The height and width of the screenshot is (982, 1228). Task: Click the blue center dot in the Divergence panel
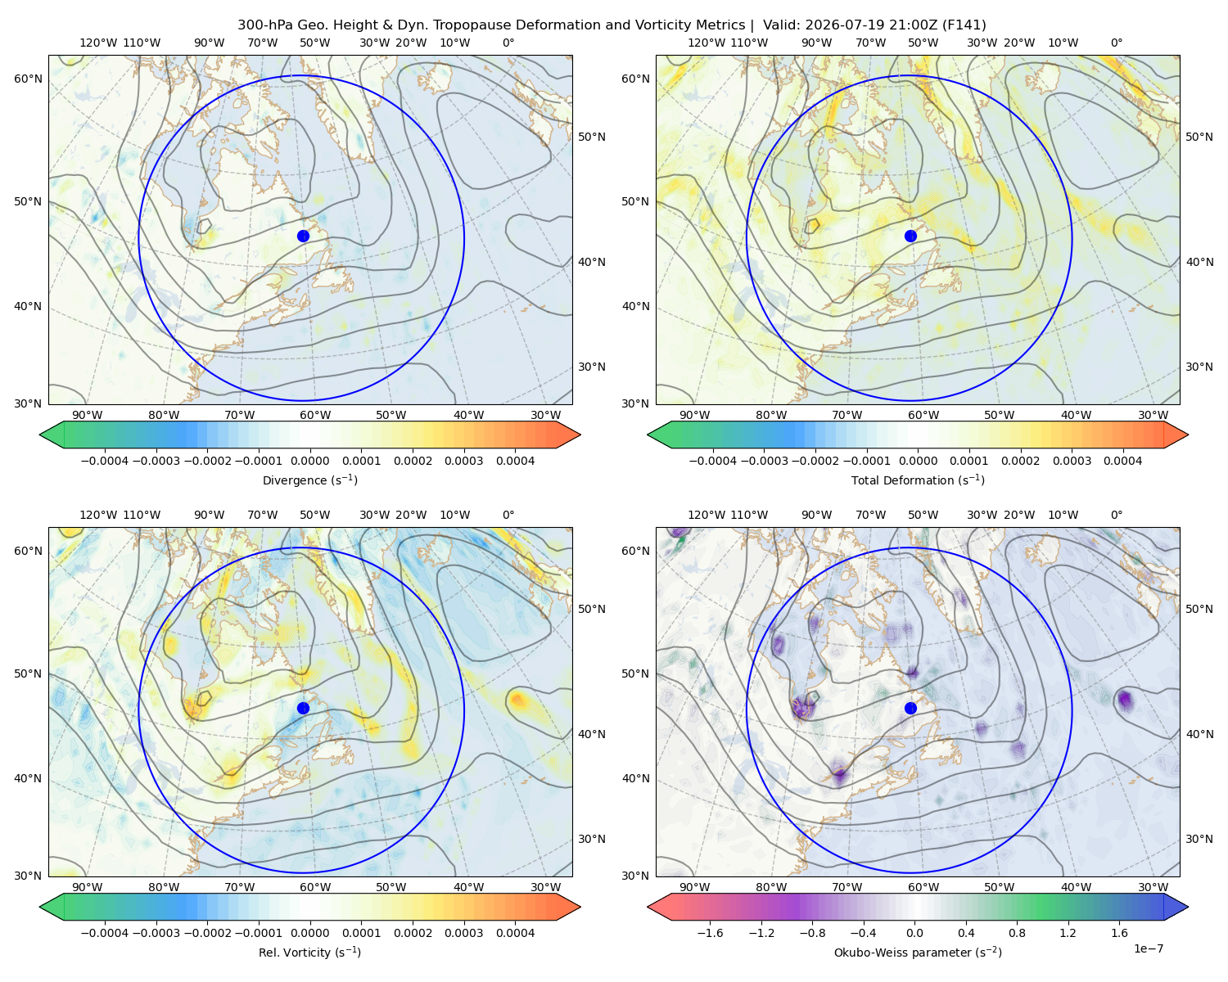click(x=303, y=236)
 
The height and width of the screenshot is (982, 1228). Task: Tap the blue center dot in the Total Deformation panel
click(x=910, y=236)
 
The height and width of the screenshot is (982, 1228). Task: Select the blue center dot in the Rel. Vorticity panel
click(x=303, y=708)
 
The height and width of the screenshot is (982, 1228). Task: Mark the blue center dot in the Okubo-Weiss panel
click(x=910, y=708)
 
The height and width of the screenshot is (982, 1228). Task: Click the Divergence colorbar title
click(x=309, y=480)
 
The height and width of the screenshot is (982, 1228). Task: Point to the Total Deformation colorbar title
click(x=918, y=480)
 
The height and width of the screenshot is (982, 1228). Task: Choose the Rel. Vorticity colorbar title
click(x=309, y=953)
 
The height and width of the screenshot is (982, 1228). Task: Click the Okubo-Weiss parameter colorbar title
click(x=918, y=953)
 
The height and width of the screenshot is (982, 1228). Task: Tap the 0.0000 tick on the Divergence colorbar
click(x=309, y=461)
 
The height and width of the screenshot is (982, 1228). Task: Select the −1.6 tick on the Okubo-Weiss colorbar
click(x=711, y=933)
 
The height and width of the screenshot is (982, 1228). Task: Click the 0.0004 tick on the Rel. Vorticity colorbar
click(x=515, y=933)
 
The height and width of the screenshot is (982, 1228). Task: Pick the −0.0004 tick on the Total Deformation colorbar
click(x=713, y=461)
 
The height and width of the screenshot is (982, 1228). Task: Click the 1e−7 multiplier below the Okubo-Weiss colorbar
click(x=1148, y=948)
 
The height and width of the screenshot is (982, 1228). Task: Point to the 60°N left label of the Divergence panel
click(x=28, y=79)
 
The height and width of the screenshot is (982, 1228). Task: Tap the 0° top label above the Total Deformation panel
click(x=1117, y=43)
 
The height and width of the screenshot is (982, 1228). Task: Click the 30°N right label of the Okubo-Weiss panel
click(x=1199, y=839)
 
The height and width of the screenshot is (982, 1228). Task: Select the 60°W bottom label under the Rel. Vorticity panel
click(x=315, y=887)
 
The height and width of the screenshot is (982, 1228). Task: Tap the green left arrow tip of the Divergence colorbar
click(x=40, y=435)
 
